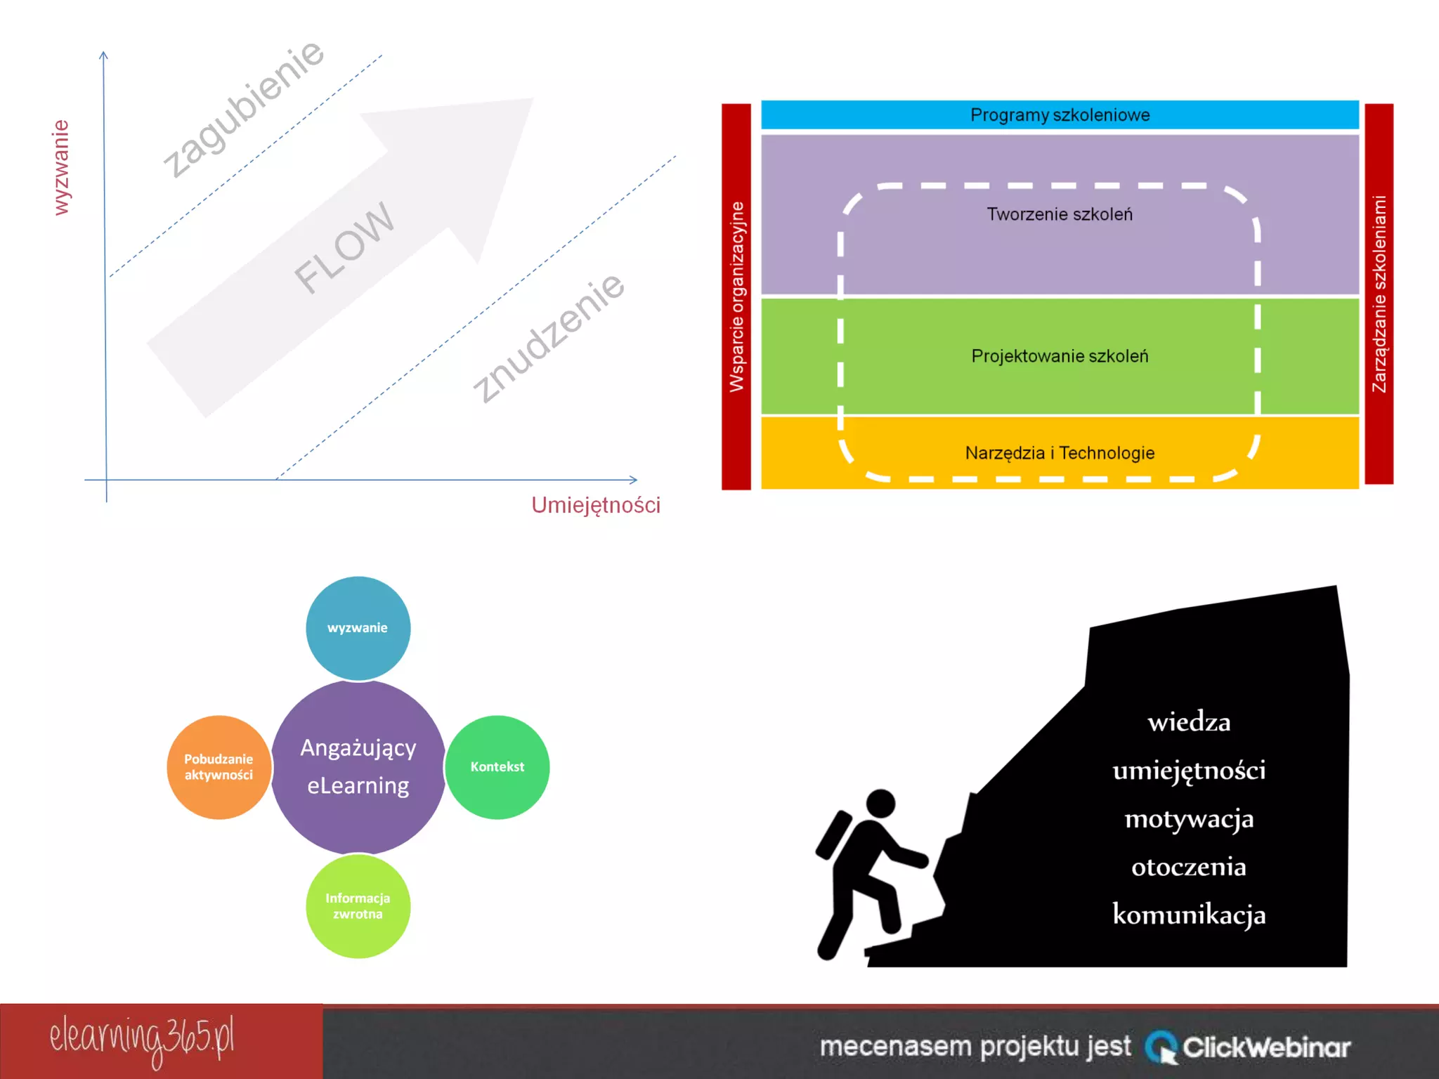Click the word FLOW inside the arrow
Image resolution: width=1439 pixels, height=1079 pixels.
[344, 247]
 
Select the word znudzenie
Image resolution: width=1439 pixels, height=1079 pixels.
[548, 339]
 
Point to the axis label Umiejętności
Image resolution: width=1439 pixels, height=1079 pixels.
[595, 505]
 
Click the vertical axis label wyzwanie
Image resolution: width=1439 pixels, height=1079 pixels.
[62, 167]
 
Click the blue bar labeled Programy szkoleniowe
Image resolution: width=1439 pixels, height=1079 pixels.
[1060, 115]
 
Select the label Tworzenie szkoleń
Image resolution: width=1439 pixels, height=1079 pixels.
[1060, 214]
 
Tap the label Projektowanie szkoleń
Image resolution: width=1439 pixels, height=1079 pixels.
[1060, 356]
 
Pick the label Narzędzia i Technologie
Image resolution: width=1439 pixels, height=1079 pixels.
[1060, 453]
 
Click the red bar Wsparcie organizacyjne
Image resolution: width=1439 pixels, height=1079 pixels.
[736, 296]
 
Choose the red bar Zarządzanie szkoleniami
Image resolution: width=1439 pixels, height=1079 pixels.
[1379, 294]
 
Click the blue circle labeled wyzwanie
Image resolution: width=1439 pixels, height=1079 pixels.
[358, 628]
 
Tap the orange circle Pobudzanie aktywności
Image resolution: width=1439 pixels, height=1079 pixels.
[219, 767]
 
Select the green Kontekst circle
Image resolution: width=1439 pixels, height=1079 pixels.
[497, 767]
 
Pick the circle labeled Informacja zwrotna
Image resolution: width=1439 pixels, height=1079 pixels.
[358, 906]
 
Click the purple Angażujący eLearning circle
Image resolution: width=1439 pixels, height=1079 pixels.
[358, 767]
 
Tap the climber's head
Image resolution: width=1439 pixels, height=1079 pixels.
[880, 803]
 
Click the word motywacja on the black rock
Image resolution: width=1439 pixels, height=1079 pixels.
[1189, 819]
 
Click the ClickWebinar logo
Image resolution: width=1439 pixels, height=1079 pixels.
[1248, 1047]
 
